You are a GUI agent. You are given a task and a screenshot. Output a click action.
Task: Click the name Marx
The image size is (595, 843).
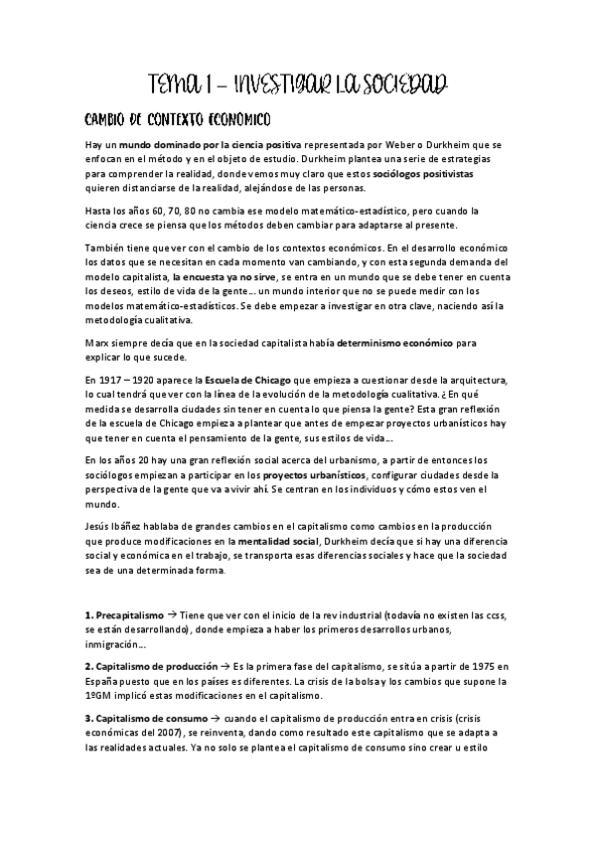point(99,343)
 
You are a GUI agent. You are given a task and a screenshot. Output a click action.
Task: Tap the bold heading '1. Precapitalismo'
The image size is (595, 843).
point(123,615)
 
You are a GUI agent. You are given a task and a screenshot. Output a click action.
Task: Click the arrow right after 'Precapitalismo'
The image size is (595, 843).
point(172,615)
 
